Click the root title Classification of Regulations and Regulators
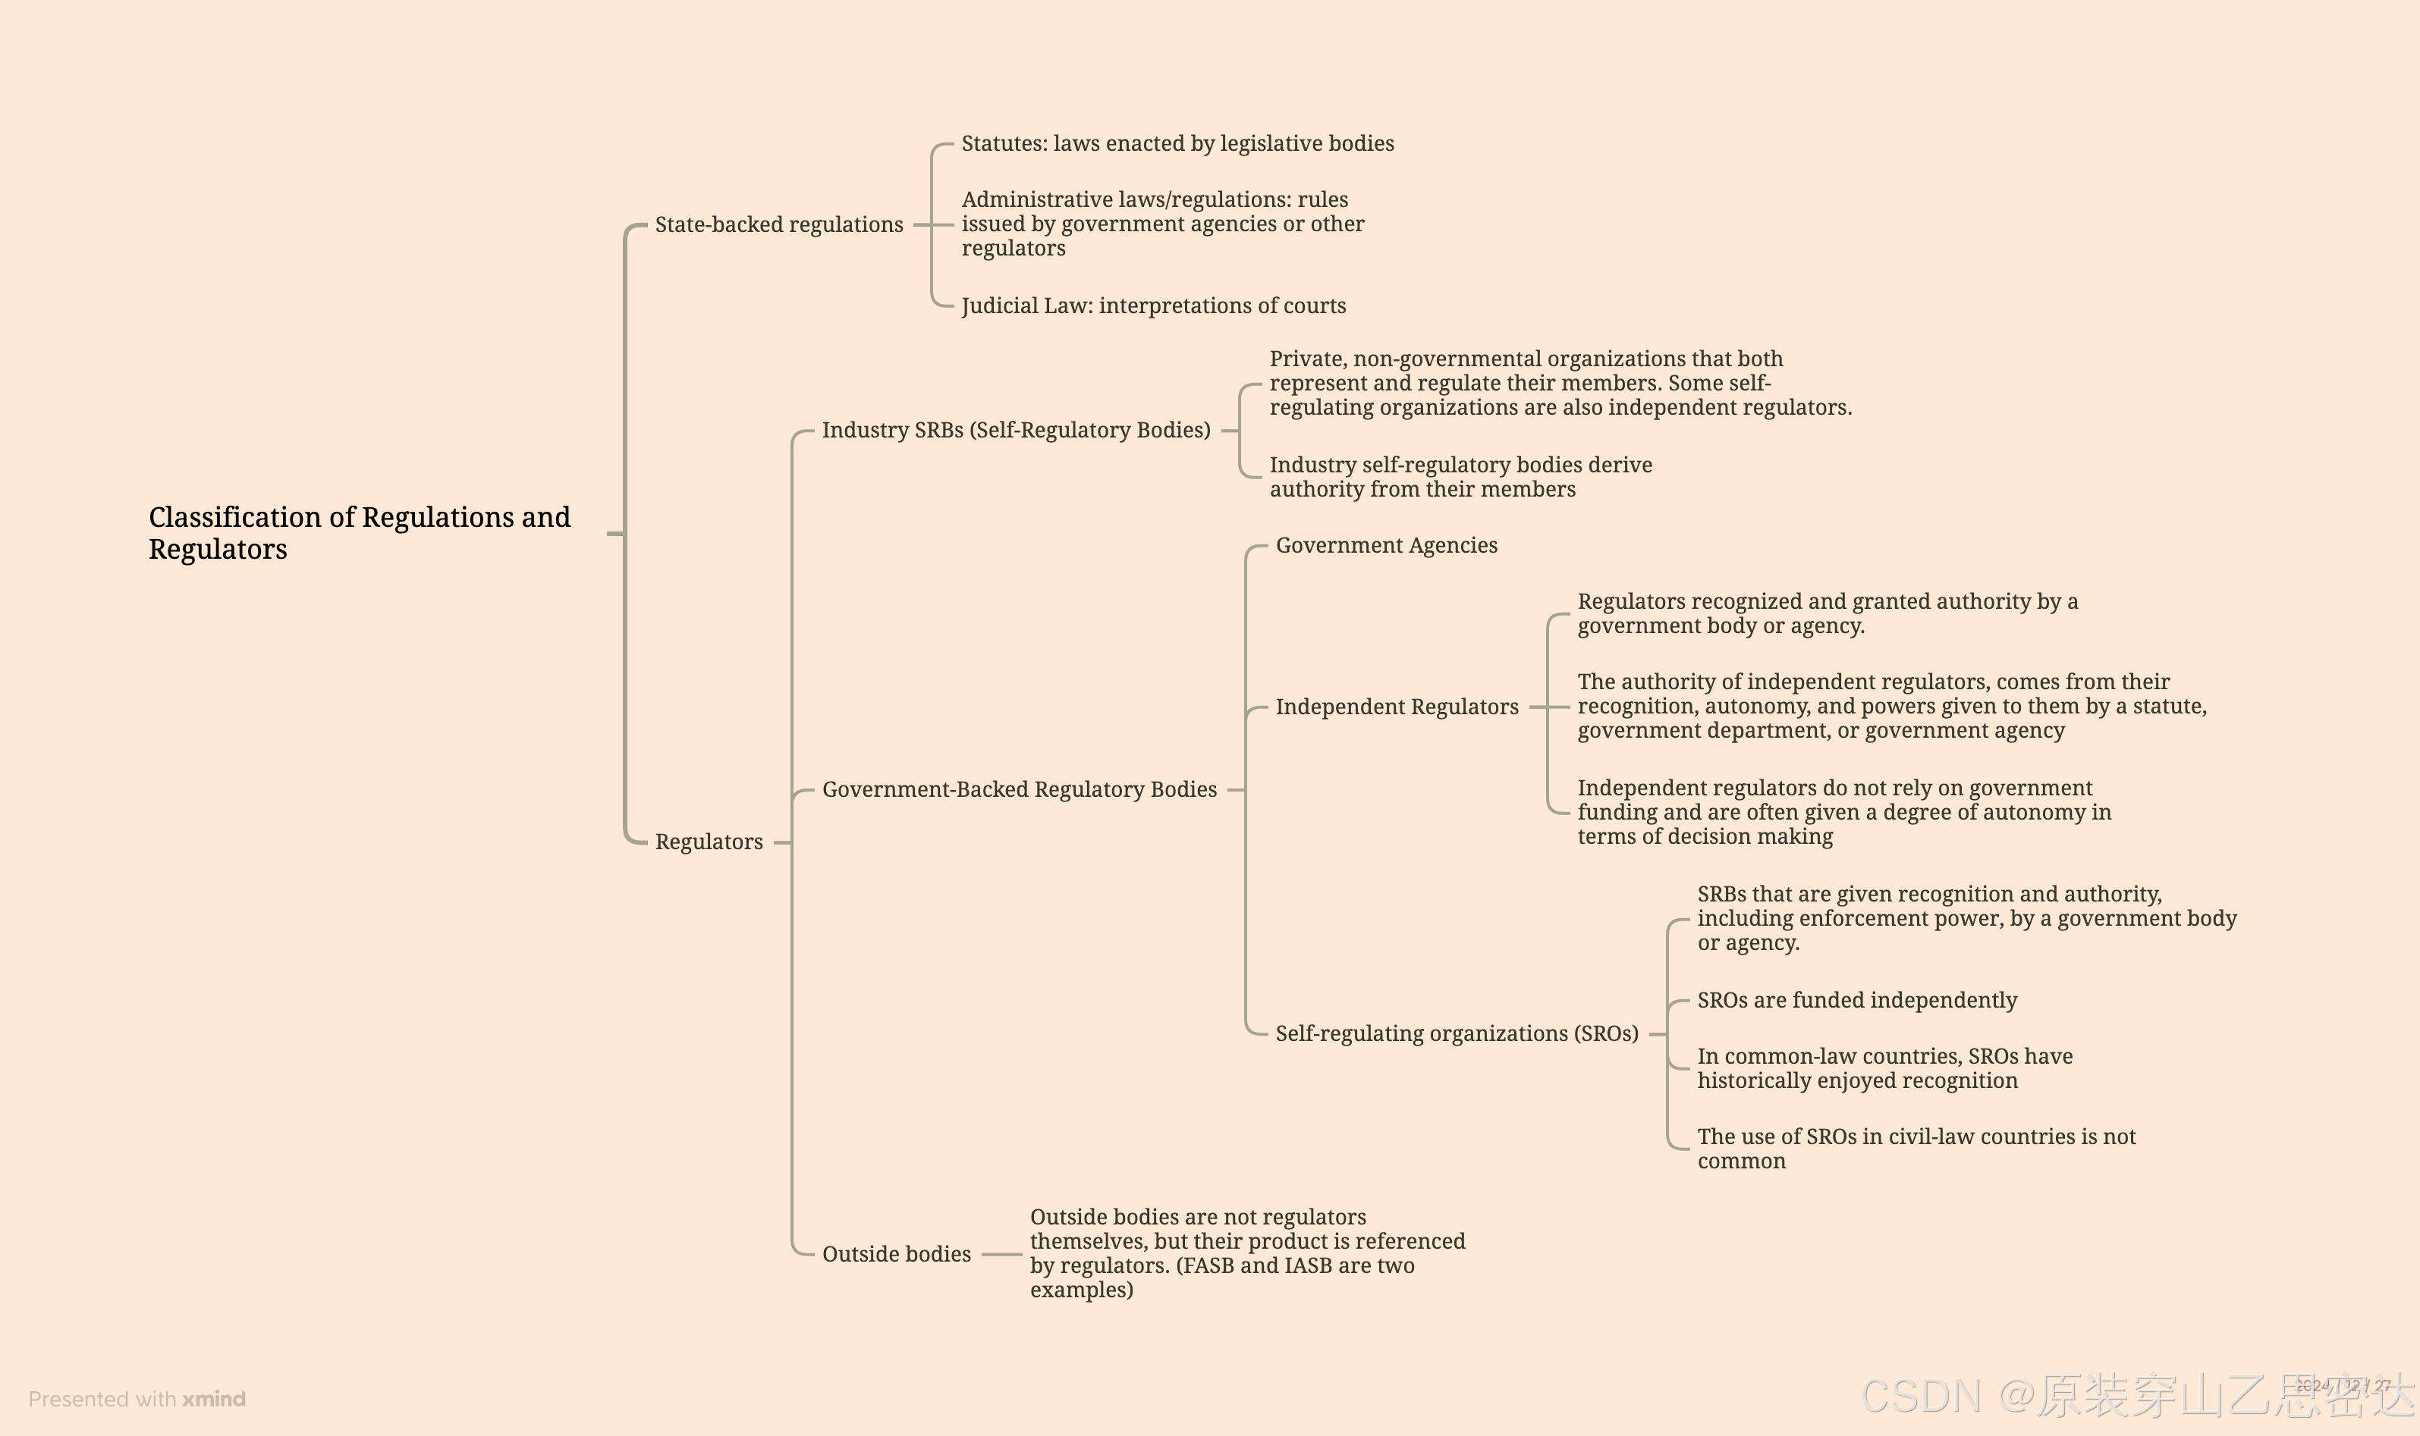point(359,533)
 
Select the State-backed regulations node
point(778,224)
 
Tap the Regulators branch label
point(709,842)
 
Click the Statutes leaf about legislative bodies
point(1177,144)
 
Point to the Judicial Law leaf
point(1153,306)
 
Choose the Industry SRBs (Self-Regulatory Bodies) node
point(1016,431)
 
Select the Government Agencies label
point(1385,546)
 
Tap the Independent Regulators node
point(1396,707)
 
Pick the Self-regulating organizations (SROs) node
point(1456,1033)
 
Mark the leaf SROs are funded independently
point(1856,1001)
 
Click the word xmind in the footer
point(214,1400)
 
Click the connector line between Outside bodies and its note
point(1001,1254)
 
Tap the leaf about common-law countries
point(1884,1068)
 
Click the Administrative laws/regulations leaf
point(1161,224)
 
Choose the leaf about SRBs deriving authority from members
point(1460,477)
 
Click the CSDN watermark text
point(1921,1397)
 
